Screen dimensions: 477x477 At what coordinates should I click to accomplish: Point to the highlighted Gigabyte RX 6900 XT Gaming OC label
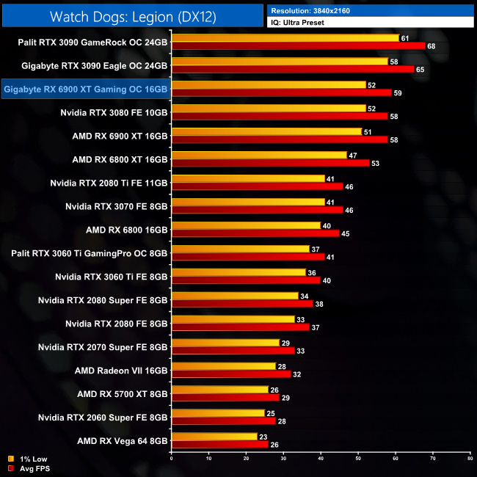point(86,90)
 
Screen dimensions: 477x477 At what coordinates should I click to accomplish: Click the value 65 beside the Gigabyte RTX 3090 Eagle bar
point(420,68)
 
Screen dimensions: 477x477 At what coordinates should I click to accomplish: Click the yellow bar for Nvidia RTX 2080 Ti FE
point(247,178)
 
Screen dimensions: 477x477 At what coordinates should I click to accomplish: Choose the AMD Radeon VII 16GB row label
point(121,371)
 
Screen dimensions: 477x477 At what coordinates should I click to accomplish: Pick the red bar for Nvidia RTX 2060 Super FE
point(223,421)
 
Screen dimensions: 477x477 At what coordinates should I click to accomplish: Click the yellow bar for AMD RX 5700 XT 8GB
point(219,390)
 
